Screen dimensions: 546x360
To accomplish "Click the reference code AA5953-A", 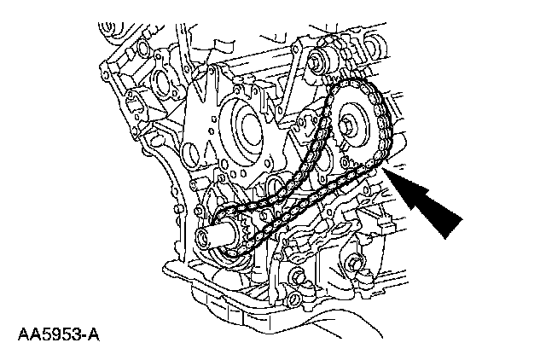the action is pyautogui.click(x=57, y=328).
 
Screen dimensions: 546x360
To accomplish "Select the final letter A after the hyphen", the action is pyautogui.click(x=95, y=328).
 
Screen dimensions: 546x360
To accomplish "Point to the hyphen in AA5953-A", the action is pyautogui.click(x=85, y=329).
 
